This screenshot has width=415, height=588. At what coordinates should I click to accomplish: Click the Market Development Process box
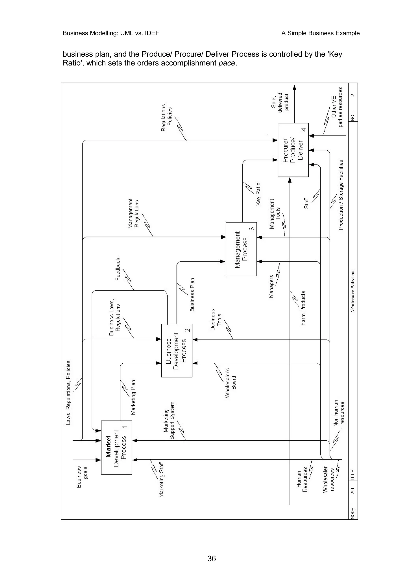click(116, 447)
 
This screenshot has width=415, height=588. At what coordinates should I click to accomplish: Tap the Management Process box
click(241, 249)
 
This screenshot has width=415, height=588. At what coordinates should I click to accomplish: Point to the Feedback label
click(118, 269)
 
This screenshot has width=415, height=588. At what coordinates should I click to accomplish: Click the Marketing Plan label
click(133, 397)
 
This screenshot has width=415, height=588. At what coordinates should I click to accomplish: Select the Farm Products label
click(303, 308)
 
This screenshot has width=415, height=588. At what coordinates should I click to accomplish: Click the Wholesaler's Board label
click(230, 383)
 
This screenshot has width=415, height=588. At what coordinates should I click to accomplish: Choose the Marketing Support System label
click(169, 420)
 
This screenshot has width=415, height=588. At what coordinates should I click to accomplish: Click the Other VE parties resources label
click(337, 107)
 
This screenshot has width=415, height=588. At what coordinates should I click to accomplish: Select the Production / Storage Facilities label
click(341, 195)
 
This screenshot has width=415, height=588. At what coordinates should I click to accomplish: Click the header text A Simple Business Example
click(320, 33)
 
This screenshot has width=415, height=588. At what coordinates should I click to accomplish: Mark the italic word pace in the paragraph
click(227, 63)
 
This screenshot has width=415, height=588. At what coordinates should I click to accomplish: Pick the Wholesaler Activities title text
click(353, 291)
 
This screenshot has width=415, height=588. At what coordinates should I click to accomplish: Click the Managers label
click(271, 286)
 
